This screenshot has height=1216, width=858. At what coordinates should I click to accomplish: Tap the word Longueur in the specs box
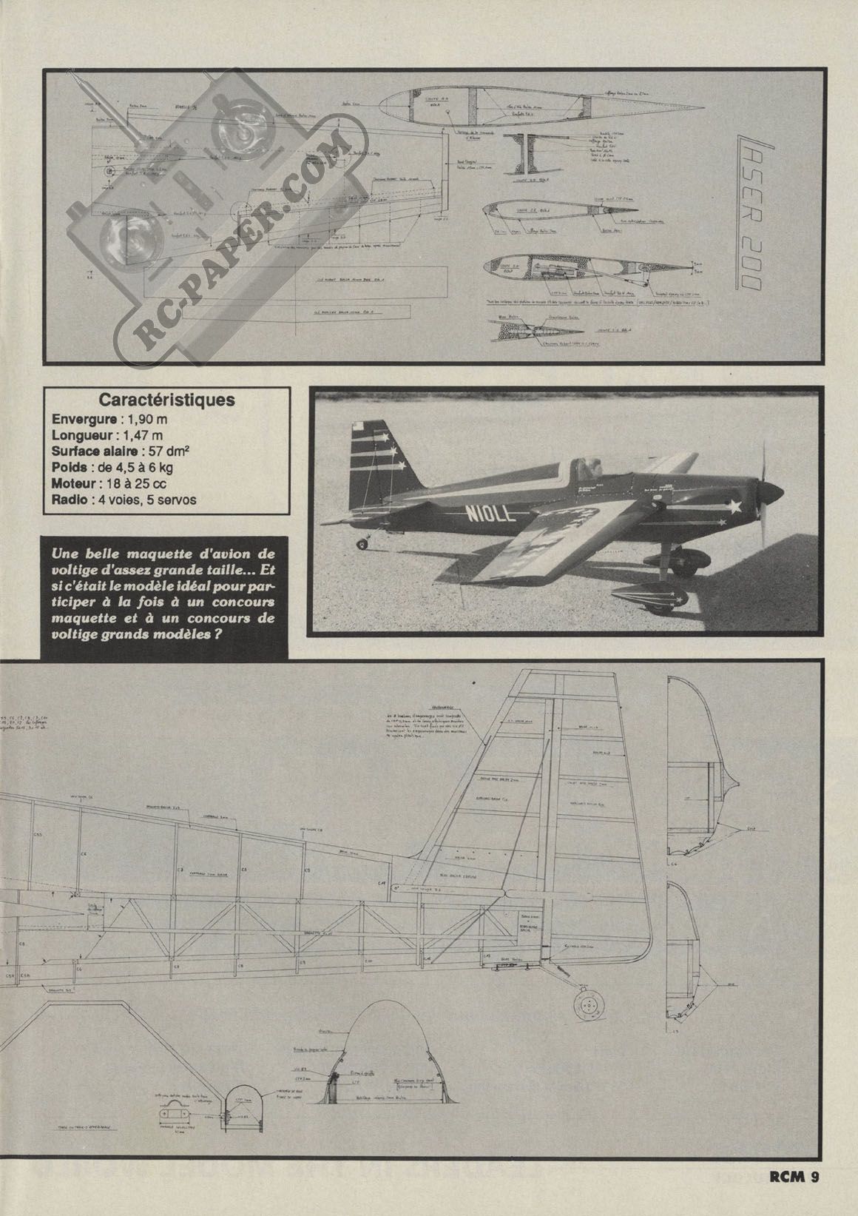point(82,434)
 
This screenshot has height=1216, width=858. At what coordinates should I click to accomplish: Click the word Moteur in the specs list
point(75,483)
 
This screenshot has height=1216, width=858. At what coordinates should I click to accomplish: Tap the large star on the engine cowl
point(734,506)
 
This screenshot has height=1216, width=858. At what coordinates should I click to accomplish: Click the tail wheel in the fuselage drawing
point(588,1004)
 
